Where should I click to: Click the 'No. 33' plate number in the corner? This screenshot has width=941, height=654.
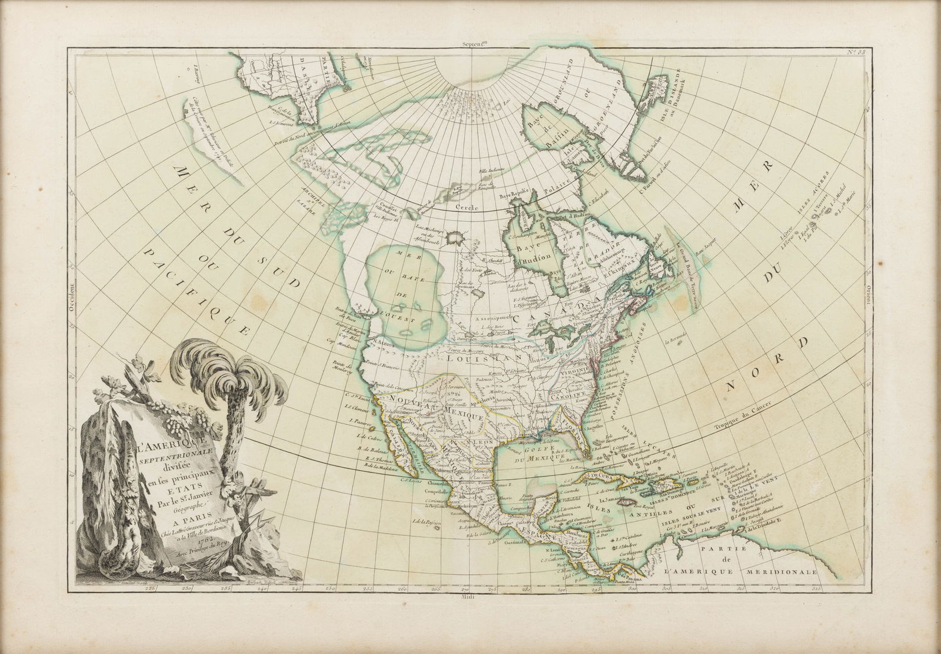863,54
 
